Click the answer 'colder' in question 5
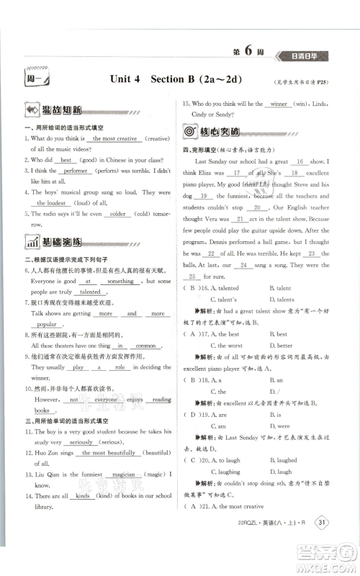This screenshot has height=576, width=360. tap(116, 214)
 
